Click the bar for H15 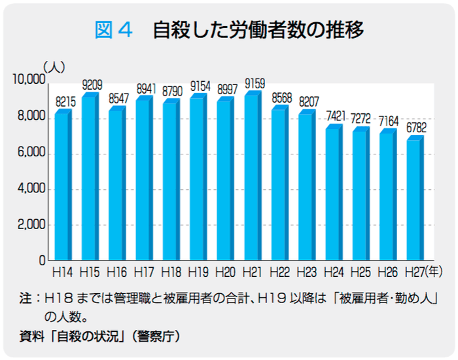point(89,178)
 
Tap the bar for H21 point(251,178)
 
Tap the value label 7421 point(336,116)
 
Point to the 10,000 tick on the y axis point(28,80)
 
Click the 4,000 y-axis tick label point(31,189)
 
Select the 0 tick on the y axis point(41,261)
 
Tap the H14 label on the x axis point(62,270)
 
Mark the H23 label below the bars point(306,270)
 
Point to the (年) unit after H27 point(434,270)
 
